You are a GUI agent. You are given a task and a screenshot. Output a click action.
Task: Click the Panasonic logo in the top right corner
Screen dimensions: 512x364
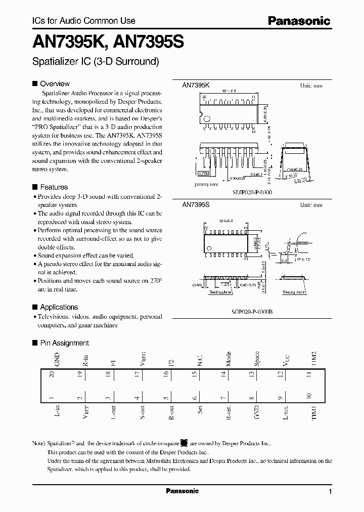pos(298,21)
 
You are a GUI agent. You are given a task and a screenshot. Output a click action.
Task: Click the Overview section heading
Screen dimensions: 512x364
pos(55,83)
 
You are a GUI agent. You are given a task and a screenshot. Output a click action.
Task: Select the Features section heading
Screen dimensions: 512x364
pos(54,187)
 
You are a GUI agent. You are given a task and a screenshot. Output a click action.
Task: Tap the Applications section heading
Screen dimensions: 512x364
pos(59,307)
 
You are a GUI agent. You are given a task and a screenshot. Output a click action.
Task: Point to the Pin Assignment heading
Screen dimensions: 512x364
pos(64,343)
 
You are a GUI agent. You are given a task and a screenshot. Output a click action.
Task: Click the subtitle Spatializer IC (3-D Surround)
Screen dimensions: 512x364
pos(96,62)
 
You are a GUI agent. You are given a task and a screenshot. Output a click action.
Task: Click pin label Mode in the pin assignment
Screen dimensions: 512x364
pos(229,359)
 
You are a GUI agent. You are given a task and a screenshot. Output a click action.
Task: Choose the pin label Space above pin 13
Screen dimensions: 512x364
pos(257,358)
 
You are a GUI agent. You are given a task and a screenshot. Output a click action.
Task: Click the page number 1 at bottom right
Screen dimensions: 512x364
pos(330,491)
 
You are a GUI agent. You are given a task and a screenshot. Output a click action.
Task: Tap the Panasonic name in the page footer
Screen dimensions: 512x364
pos(183,491)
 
